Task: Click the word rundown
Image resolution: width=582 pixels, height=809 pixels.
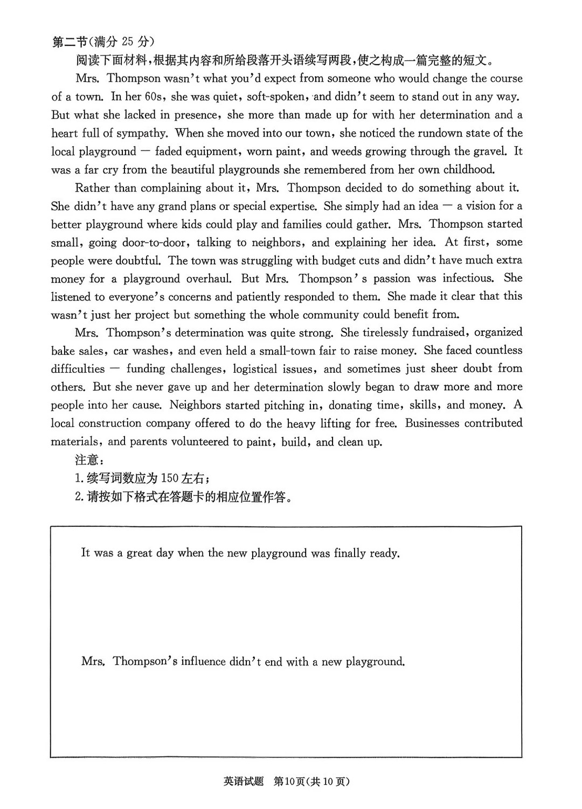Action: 419,133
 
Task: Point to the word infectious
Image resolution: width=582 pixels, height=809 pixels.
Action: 468,279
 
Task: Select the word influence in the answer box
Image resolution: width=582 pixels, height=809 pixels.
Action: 203,662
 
